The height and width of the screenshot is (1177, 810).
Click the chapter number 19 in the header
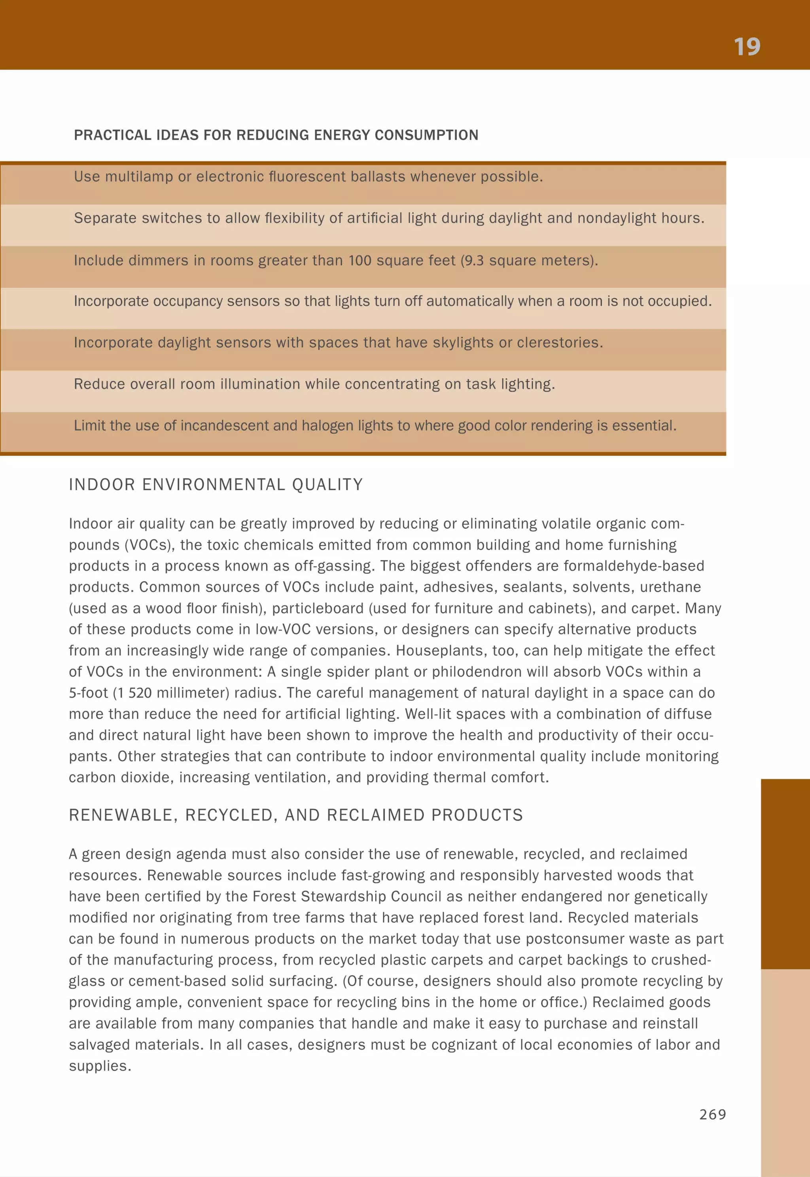pos(747,47)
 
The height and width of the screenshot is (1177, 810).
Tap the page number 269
pos(713,1114)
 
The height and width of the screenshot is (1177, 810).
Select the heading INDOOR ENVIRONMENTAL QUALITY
pos(216,485)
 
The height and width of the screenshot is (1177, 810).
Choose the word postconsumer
pos(575,939)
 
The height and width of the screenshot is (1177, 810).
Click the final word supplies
pos(100,1066)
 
